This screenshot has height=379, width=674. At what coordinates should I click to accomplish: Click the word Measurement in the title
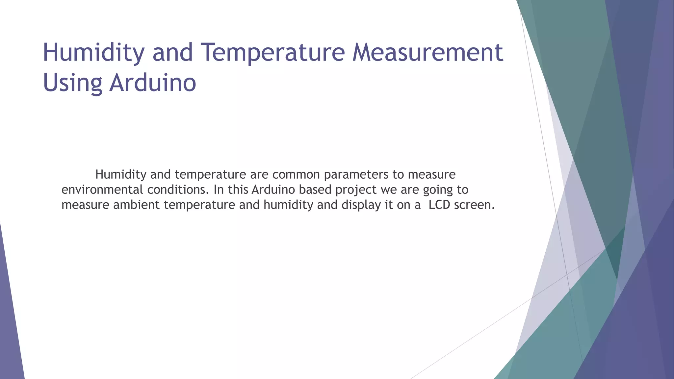(428, 52)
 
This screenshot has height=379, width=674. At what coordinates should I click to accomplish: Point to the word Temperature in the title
(273, 53)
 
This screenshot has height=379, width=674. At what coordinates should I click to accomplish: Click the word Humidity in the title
(94, 53)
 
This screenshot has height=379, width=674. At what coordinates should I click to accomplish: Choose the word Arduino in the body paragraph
(275, 190)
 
